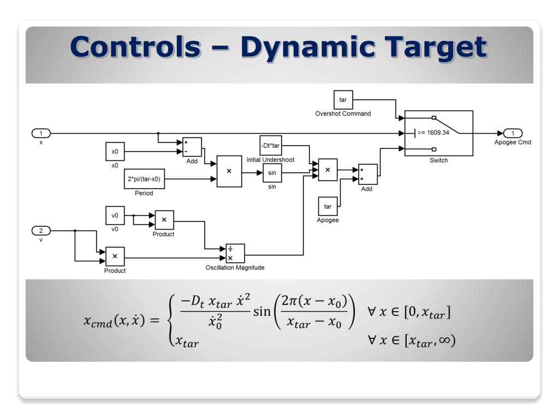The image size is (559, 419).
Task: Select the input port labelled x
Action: click(41, 133)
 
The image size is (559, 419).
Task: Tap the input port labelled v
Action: click(41, 230)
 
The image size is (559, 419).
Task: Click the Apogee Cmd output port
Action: click(513, 133)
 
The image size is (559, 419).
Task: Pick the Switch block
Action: click(438, 133)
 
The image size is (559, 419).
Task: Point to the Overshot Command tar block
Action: click(343, 100)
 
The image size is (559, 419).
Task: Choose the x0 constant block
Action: click(115, 152)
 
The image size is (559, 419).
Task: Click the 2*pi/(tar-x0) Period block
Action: click(144, 178)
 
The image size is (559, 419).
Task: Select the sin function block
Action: click(272, 173)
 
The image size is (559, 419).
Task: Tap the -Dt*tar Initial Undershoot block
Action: click(270, 146)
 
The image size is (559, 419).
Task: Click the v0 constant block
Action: click(115, 216)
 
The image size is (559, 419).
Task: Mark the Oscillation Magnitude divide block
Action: click(235, 254)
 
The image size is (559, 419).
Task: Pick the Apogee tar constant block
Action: click(328, 206)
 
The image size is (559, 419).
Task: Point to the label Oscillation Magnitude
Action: click(235, 268)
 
